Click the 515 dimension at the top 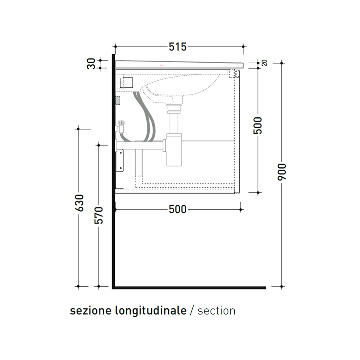pos(177,47)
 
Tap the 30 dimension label pos(91,64)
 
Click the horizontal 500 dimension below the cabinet pos(177,210)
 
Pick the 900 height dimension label pos(282,172)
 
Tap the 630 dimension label pos(79,204)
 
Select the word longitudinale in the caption pos(151,311)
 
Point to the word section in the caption pos(216,311)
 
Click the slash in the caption pos(192,311)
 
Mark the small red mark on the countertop pos(161,65)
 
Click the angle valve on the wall pos(121,127)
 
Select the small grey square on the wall pos(118,100)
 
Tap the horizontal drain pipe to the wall pos(140,146)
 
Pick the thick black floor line pos(191,288)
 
